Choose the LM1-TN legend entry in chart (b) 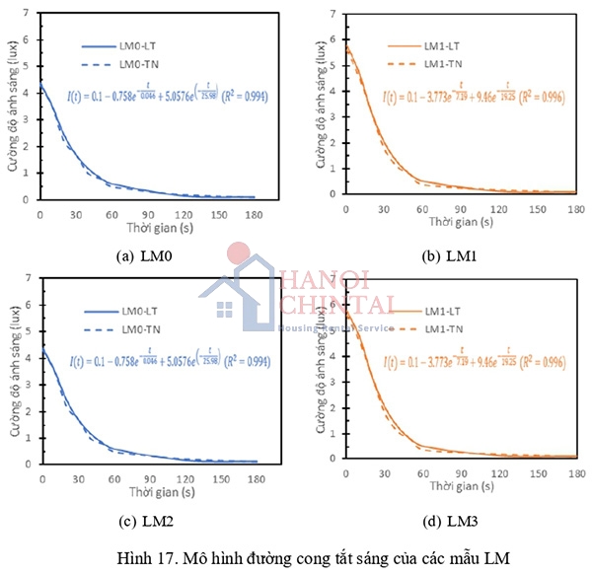pos(434,63)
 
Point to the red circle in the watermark pos(238,253)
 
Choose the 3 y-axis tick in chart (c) pos(27,387)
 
